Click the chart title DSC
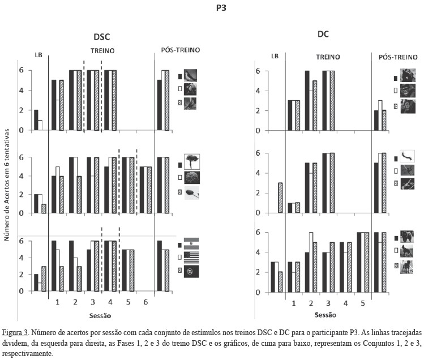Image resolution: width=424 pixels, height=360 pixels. tap(101, 36)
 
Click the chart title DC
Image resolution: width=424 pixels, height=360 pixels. tap(323, 34)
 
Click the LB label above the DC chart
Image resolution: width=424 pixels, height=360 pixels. tap(275, 57)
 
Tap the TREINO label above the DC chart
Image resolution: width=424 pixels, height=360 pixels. tap(328, 57)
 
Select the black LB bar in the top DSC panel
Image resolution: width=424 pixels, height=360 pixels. tap(36, 120)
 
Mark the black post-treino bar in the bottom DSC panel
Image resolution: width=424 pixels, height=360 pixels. tap(159, 266)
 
